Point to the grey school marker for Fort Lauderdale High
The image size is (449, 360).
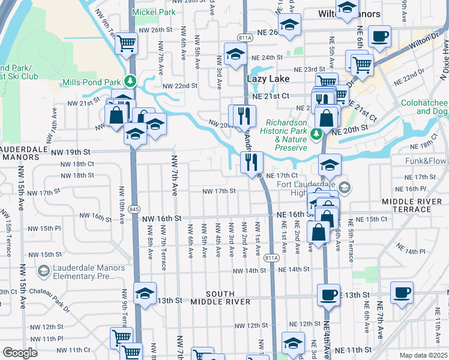344,187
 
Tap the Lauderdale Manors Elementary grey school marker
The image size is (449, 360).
44,272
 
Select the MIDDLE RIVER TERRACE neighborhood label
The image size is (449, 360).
411,204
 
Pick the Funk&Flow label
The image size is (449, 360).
426,161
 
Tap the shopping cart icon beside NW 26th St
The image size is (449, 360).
127,43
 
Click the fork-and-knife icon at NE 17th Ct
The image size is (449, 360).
251,161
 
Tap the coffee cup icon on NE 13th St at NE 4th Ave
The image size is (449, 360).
328,295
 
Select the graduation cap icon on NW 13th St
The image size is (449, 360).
145,294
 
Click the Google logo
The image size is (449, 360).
20,353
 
